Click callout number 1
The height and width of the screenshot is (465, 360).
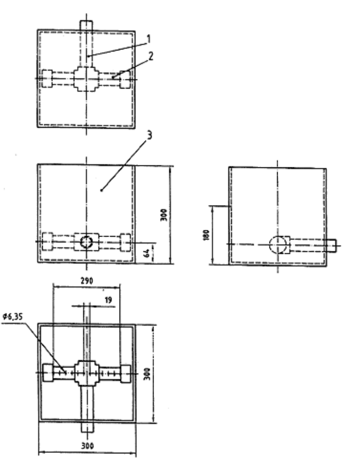[149, 39]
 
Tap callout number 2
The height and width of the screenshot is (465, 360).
[151, 56]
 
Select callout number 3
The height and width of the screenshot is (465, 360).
[149, 135]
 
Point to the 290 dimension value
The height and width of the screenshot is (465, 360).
[87, 280]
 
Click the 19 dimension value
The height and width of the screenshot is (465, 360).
[108, 300]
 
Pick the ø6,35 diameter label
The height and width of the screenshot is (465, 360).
[13, 317]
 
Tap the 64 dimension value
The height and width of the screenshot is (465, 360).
[146, 253]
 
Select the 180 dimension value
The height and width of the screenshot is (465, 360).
[206, 235]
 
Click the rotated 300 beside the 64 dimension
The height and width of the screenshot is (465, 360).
[164, 215]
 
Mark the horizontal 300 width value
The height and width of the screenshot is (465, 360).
[87, 446]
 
